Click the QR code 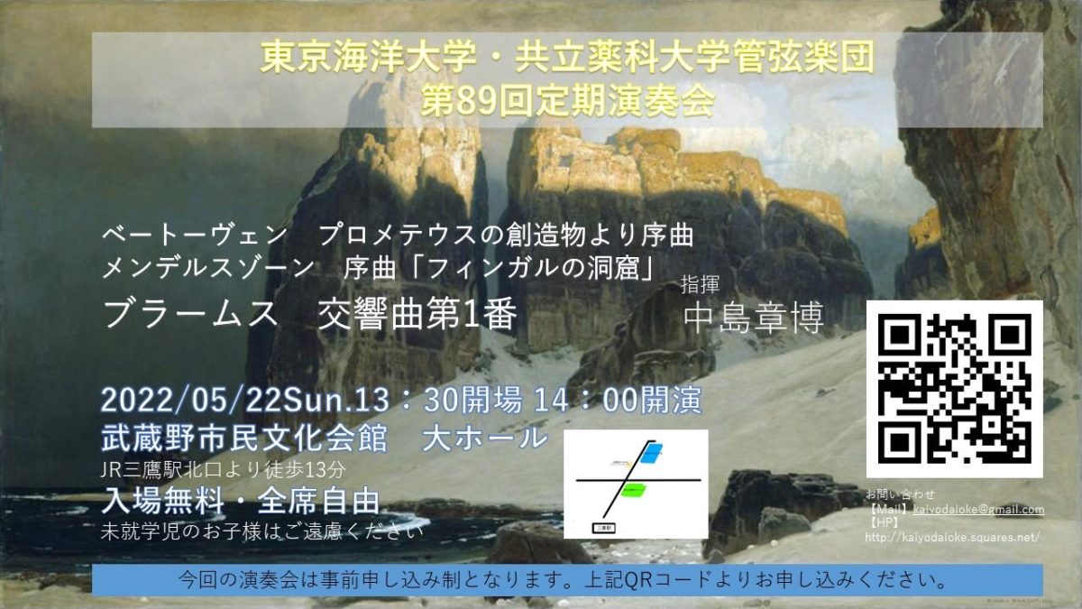tap(954, 389)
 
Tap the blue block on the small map tap(650, 451)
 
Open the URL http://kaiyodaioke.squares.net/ tap(952, 537)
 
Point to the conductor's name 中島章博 tap(754, 317)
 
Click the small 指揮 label tap(701, 285)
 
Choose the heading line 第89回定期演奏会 tap(568, 100)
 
